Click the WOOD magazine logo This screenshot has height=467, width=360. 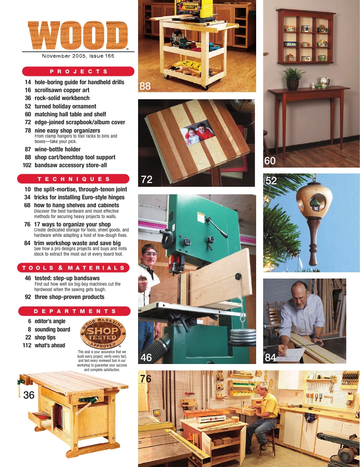(78, 35)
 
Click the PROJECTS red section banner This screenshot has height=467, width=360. (78, 71)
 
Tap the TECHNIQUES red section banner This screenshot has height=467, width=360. (73, 179)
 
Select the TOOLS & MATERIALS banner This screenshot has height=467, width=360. (73, 268)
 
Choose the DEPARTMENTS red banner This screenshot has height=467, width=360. (75, 311)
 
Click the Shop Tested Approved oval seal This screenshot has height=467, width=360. (103, 333)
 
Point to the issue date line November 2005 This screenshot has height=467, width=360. (78, 56)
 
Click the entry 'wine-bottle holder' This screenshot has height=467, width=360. (58, 149)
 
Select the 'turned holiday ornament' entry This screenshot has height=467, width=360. (65, 106)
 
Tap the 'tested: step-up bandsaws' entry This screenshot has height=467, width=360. (67, 278)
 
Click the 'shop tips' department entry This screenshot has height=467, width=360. (45, 337)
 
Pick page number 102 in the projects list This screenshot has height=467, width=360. (27, 165)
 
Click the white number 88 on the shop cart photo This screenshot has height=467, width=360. (145, 86)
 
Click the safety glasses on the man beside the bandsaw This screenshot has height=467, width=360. (151, 254)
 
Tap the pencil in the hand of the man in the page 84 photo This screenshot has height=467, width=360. (282, 351)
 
